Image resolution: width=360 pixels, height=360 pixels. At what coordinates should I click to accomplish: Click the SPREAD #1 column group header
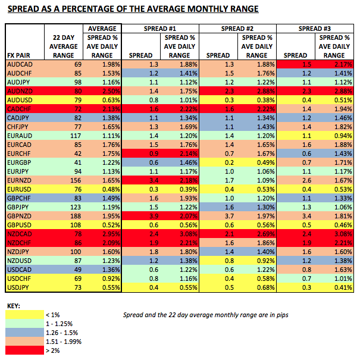159,29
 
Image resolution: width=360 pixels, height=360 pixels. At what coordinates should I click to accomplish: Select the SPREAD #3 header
316,29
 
